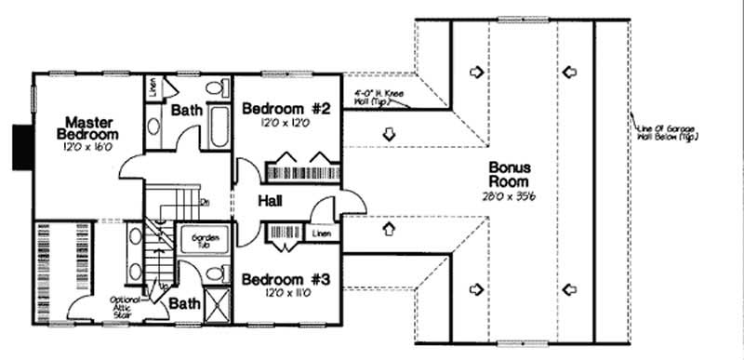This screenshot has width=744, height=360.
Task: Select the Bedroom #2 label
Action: pos(286,110)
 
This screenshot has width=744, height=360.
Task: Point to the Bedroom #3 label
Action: pos(286,279)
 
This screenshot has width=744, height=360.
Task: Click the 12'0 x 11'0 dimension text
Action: pos(286,294)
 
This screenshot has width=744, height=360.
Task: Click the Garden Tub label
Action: pos(205,241)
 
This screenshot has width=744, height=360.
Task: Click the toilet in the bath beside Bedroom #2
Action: pos(217,89)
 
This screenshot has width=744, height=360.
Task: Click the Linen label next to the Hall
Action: pos(322,233)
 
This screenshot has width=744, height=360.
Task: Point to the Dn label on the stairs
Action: pos(204,200)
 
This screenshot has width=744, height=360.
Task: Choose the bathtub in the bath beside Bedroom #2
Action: pos(219,127)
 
